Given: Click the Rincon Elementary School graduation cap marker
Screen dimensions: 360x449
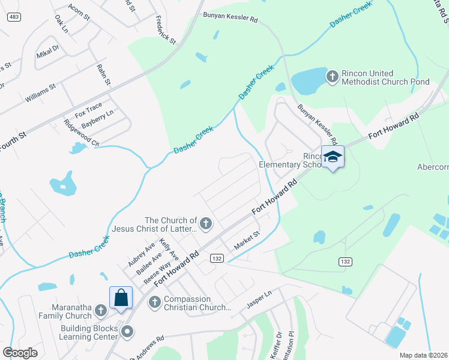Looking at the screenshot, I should click(333, 157).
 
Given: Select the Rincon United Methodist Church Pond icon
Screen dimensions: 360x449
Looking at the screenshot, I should click(333, 76).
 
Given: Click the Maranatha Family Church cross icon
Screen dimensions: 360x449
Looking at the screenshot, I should click(101, 310).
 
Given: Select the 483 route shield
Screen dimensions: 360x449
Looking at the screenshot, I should click(15, 17).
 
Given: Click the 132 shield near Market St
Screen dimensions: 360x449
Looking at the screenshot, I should click(217, 257).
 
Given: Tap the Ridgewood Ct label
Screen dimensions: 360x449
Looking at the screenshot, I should click(81, 133).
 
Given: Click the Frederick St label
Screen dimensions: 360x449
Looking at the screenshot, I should click(165, 31).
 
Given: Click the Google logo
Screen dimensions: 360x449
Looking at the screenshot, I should click(20, 353).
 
